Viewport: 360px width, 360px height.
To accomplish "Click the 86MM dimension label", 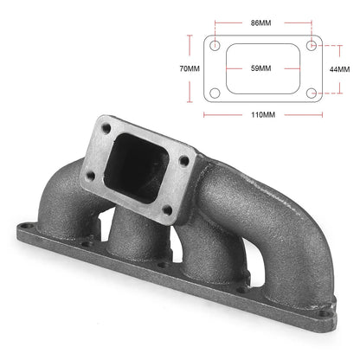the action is click(260, 22).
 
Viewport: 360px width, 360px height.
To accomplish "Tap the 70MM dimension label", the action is click(190, 69).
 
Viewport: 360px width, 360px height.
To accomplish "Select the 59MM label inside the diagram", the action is click(260, 68).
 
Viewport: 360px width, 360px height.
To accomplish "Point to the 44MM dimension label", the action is click(339, 69).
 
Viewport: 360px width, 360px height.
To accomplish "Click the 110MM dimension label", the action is click(263, 115).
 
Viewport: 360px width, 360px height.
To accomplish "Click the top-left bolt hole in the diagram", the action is click(215, 46).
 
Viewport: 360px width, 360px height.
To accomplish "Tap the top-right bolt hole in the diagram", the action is click(312, 46).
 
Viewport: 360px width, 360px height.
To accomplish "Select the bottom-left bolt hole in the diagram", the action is click(215, 93).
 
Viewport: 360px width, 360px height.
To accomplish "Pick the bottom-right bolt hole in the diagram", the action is click(312, 93).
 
